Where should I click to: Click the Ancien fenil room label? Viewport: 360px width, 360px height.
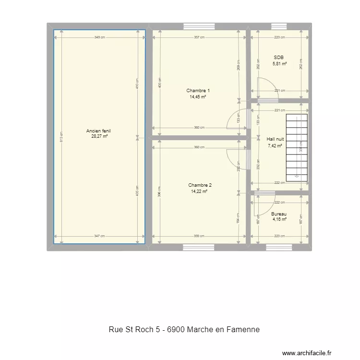coord(99,131)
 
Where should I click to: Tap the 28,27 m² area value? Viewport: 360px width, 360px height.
coord(99,136)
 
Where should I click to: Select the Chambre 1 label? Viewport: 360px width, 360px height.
coord(198,91)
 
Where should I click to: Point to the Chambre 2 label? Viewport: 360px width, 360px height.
coord(200,185)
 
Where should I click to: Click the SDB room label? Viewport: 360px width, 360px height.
coord(279,58)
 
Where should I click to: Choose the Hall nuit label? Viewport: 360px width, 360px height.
coord(275,140)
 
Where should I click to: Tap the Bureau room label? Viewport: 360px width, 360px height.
coord(279,214)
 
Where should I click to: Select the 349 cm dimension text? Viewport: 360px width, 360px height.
coord(99,37)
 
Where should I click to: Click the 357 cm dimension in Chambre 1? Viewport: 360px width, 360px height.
coord(199,37)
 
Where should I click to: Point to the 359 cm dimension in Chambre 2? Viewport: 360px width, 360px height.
coord(199,236)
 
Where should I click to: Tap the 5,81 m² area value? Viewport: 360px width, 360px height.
coord(279,63)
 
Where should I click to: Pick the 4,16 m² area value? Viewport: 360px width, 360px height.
coord(279,219)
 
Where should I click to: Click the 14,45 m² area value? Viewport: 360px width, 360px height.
coord(198,96)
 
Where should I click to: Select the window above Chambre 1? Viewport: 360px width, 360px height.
coord(197,26)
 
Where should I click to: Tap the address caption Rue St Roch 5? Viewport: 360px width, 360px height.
coord(184,330)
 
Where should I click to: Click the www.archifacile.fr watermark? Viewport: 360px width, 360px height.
coord(307,353)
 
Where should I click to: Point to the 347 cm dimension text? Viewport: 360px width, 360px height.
coord(99,236)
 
